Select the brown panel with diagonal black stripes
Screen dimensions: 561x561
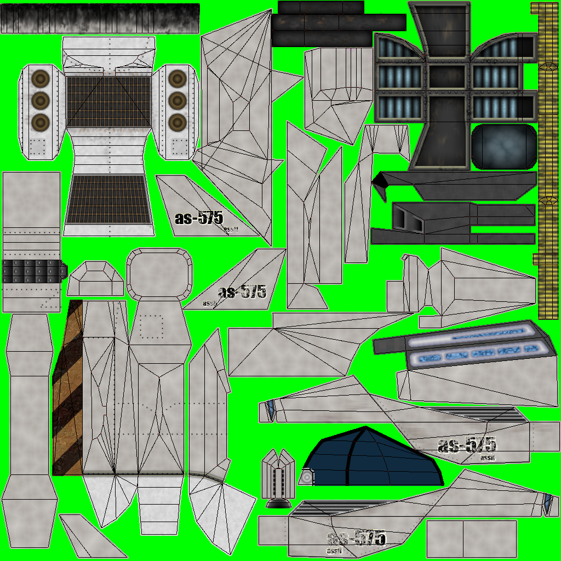point(67,389)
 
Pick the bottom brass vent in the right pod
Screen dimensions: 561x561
point(177,122)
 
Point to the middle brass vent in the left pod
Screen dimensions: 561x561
point(40,101)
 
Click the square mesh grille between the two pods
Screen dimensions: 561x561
point(108,101)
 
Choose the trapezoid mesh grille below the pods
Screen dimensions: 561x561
point(108,199)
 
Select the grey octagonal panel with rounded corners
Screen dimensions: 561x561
point(159,273)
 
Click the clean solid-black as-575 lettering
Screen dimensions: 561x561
point(199,219)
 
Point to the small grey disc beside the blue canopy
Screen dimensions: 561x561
point(307,478)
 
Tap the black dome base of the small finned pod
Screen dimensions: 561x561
point(279,502)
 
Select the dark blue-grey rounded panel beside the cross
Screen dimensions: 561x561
point(503,146)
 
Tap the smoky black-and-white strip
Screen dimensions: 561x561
point(100,18)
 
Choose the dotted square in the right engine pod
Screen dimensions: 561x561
point(178,146)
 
